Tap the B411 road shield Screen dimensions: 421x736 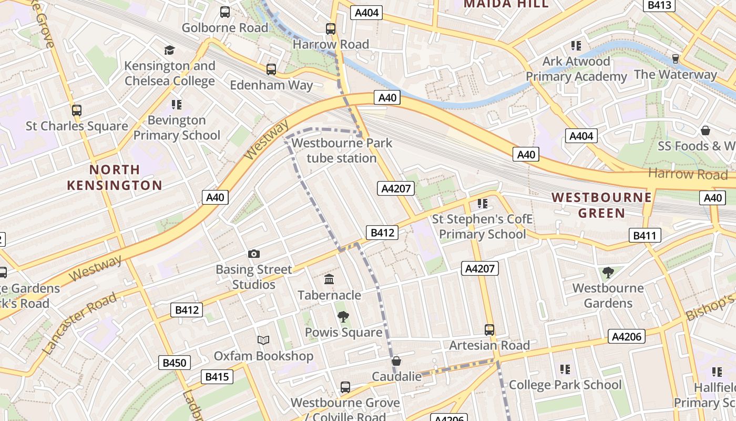pyautogui.click(x=645, y=235)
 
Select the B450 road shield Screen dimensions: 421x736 pyautogui.click(x=175, y=363)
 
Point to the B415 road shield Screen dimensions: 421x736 pyautogui.click(x=217, y=377)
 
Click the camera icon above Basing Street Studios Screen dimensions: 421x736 pyautogui.click(x=254, y=254)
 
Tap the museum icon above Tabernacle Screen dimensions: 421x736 pyautogui.click(x=329, y=279)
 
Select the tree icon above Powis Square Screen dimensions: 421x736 pyautogui.click(x=343, y=317)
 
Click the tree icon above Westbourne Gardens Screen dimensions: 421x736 pyautogui.click(x=608, y=272)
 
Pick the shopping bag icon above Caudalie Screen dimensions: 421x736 pyautogui.click(x=396, y=361)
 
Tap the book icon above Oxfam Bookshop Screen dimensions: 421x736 pyautogui.click(x=263, y=340)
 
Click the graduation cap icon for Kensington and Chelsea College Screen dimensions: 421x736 pyautogui.click(x=169, y=50)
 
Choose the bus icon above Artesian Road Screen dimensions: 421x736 pyautogui.click(x=489, y=330)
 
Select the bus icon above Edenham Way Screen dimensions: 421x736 pyautogui.click(x=271, y=69)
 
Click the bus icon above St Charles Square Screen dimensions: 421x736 pyautogui.click(x=77, y=111)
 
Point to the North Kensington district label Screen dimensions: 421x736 pyautogui.click(x=115, y=177)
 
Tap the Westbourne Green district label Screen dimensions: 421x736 pyautogui.click(x=601, y=205)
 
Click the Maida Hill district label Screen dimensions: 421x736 pyautogui.click(x=506, y=4)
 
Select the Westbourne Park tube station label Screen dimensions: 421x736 pyautogui.click(x=342, y=151)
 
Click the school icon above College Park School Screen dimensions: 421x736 pyautogui.click(x=565, y=369)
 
